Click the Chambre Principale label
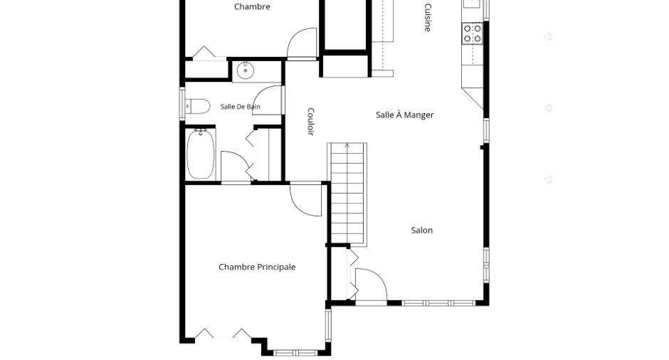tap(257, 267)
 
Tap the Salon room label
tap(421, 231)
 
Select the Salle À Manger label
tap(404, 115)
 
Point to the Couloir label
tap(310, 122)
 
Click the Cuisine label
tap(428, 17)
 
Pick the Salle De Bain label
tap(241, 107)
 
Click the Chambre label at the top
tap(252, 6)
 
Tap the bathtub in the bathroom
tap(201, 154)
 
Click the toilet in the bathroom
tap(198, 106)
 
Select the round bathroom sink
tap(246, 71)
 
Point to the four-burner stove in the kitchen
tap(473, 33)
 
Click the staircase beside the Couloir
tap(347, 194)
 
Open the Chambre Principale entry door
tap(305, 199)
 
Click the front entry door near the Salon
tap(372, 285)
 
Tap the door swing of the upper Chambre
tap(302, 43)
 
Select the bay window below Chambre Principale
tap(295, 353)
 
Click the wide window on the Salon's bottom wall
tap(438, 303)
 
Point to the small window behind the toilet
tap(182, 104)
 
